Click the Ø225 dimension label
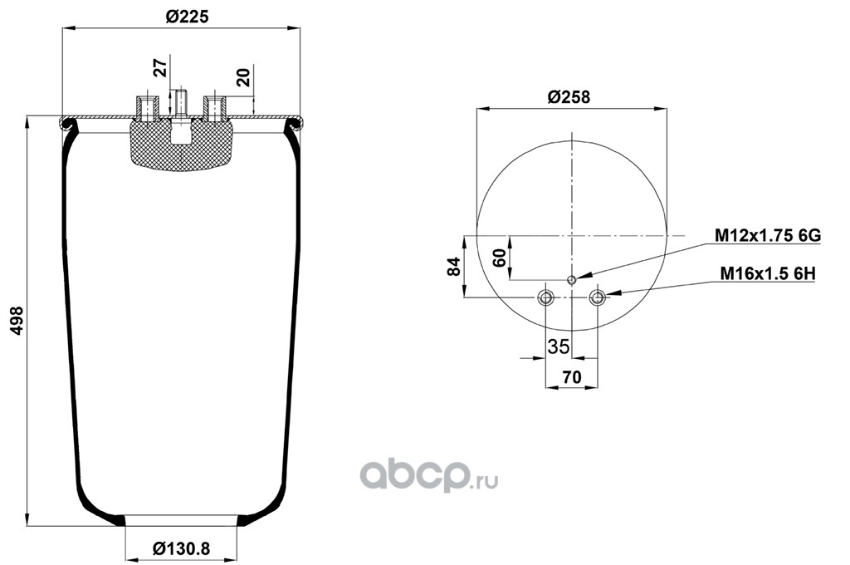[187, 17]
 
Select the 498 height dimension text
[17, 321]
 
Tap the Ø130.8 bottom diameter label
[181, 548]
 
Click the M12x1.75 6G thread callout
[768, 235]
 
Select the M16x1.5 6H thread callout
[768, 273]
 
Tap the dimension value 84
[453, 267]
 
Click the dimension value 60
[500, 258]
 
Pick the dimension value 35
[559, 346]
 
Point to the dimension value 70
[571, 376]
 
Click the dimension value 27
[160, 68]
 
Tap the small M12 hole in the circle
[571, 280]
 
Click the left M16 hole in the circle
[545, 297]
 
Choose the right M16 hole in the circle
[598, 297]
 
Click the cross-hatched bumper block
[181, 145]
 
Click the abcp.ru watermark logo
[429, 476]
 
